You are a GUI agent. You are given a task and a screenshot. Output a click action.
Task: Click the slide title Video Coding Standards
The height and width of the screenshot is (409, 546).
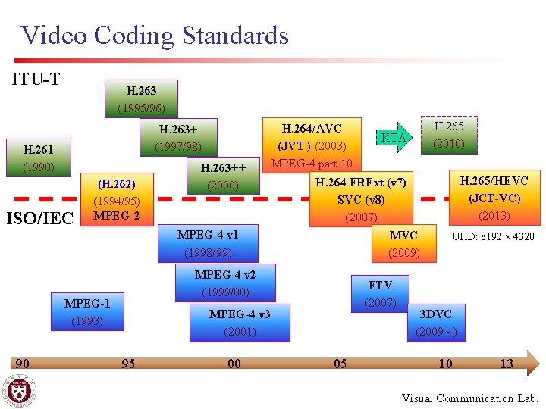pyautogui.click(x=155, y=36)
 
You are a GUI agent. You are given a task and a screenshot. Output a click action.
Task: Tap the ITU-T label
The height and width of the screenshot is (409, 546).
pyautogui.click(x=36, y=79)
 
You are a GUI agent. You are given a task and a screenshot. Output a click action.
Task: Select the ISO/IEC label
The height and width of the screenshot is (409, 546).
pyautogui.click(x=39, y=219)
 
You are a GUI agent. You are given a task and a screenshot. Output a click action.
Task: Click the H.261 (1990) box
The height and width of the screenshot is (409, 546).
pyautogui.click(x=38, y=158)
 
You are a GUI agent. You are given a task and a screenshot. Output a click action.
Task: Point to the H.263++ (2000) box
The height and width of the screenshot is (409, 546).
pyautogui.click(x=222, y=176)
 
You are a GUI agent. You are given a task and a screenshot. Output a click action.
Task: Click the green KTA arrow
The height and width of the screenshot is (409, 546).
pyautogui.click(x=394, y=137)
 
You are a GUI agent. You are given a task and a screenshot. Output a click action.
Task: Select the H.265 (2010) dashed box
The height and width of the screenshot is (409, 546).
pyautogui.click(x=449, y=134)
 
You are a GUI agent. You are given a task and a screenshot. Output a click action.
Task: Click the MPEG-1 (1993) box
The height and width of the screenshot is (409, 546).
pyautogui.click(x=86, y=312)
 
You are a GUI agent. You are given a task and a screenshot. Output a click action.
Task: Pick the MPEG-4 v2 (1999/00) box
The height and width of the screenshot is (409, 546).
pyautogui.click(x=224, y=283)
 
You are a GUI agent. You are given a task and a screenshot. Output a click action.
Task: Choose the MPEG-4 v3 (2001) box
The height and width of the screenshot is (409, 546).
pyautogui.click(x=240, y=322)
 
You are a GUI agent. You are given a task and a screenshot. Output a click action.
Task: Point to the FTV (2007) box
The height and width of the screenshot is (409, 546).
pyautogui.click(x=379, y=294)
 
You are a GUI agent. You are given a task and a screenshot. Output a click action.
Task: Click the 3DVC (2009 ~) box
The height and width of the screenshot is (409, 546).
pyautogui.click(x=436, y=323)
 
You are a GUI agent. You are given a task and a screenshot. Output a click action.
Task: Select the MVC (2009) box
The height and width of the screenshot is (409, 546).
pyautogui.click(x=403, y=243)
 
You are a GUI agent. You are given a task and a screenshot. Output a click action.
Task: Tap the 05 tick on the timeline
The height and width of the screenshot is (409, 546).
pyautogui.click(x=340, y=364)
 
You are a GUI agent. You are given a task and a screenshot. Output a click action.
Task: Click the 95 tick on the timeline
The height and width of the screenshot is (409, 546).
pyautogui.click(x=128, y=364)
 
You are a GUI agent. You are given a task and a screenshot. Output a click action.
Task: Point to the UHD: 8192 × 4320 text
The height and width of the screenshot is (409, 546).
pyautogui.click(x=493, y=237)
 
